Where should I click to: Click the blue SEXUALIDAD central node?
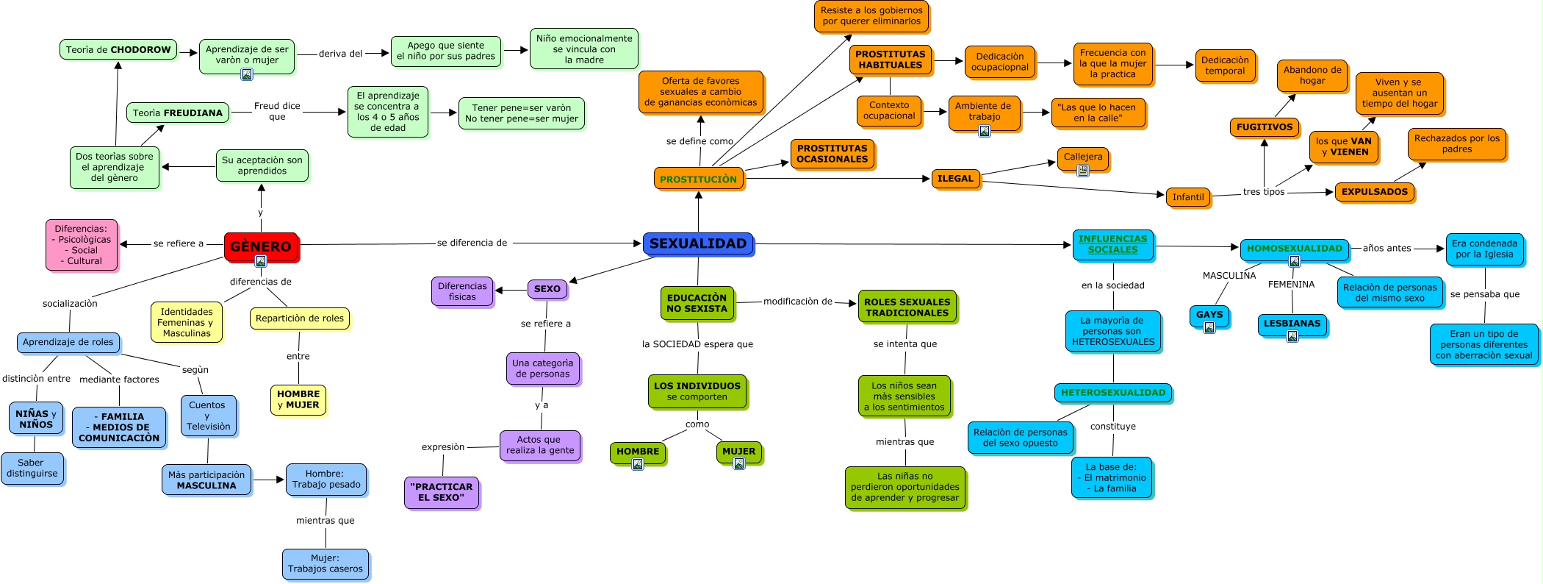point(698,243)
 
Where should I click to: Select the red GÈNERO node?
point(261,246)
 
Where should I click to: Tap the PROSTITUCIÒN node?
point(698,179)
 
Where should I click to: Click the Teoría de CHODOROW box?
point(118,50)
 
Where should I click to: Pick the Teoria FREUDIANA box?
point(177,113)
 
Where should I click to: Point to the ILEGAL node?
point(955,179)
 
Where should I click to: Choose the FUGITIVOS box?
point(1264,127)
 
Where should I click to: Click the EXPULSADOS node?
point(1374,192)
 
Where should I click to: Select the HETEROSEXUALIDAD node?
point(1112,393)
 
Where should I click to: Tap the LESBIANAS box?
point(1292,324)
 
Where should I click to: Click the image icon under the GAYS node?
point(1209,327)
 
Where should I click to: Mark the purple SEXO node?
point(547,289)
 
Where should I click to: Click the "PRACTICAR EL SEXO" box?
point(441,492)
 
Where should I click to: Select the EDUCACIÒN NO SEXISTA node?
point(697,303)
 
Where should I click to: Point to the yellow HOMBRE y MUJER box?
point(298,399)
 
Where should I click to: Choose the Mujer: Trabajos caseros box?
point(325,563)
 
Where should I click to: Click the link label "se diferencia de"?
point(472,243)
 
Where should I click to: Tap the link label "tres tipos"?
point(1264,192)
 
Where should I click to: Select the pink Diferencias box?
point(81,244)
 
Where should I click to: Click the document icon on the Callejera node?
point(1082,171)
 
